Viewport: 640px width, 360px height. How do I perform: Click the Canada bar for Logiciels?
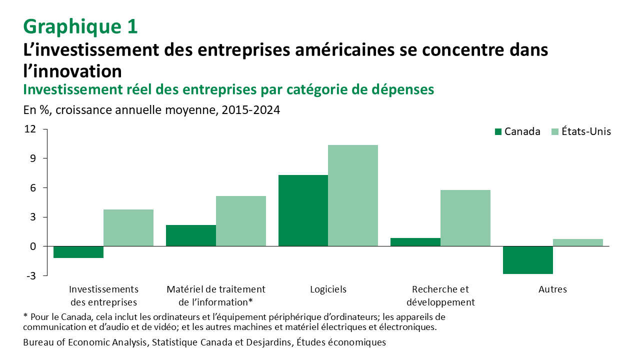pos(303,210)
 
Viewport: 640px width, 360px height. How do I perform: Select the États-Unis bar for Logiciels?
pos(353,195)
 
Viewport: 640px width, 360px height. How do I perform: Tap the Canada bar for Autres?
pos(528,260)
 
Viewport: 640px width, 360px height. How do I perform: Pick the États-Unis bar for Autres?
pos(578,242)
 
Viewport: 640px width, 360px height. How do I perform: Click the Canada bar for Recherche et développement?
pos(415,242)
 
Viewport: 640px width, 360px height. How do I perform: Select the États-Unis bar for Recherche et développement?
pos(465,218)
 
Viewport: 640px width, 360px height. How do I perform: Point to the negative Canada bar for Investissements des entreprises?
pos(78,252)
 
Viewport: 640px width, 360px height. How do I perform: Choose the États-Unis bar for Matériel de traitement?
pos(241,221)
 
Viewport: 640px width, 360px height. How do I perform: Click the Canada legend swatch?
pos(498,132)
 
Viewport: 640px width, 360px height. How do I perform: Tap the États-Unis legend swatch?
pos(554,132)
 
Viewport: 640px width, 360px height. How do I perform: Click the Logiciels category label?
pos(328,289)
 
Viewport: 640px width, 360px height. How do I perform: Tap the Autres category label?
pos(552,289)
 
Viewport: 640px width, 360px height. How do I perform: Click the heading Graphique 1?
pos(80,26)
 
